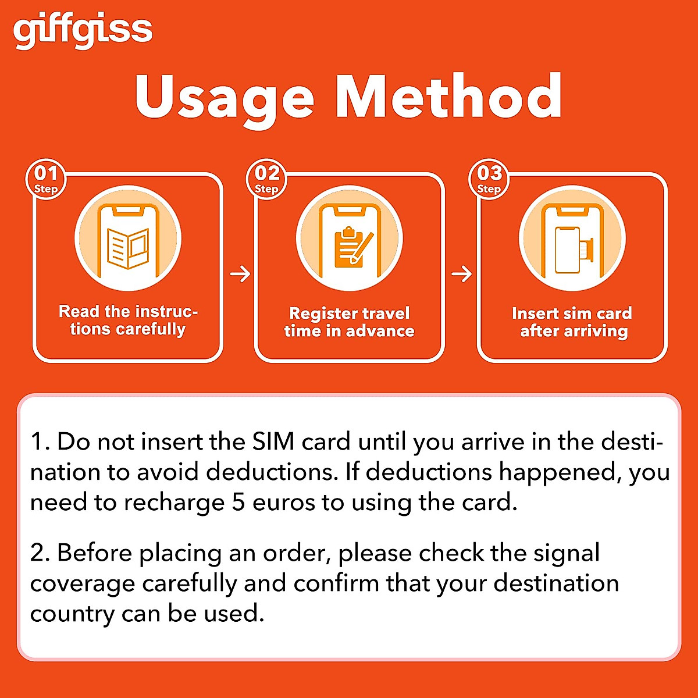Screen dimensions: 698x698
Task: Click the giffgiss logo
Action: [83, 31]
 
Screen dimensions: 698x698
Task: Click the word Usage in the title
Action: [225, 98]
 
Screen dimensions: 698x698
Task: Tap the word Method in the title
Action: [448, 97]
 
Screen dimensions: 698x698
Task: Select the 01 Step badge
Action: [46, 179]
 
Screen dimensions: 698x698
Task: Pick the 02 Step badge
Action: [267, 179]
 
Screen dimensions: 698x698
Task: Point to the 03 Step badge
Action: [489, 179]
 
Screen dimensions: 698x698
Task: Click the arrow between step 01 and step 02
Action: [240, 273]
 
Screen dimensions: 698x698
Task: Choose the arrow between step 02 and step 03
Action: [461, 273]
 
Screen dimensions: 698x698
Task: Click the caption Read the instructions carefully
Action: [128, 320]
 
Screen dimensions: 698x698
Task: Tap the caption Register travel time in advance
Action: [350, 322]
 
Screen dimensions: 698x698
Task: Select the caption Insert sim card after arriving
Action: [572, 322]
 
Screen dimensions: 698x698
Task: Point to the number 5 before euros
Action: [238, 503]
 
